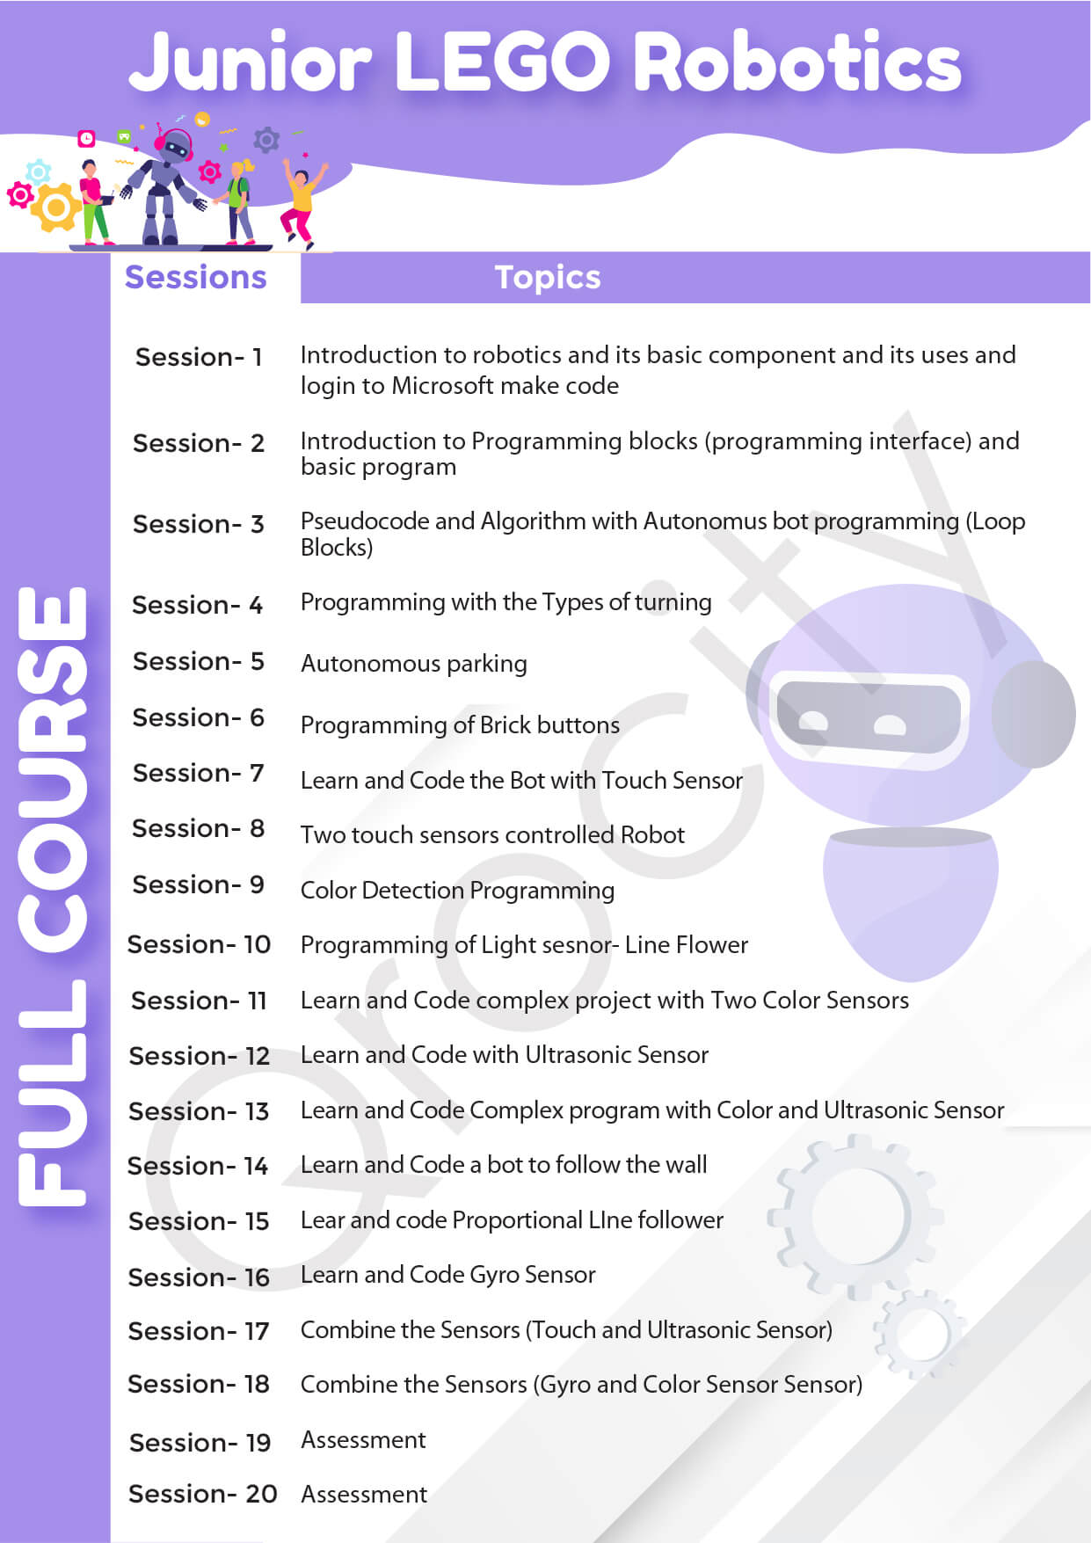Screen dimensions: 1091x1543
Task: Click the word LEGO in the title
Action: (503, 62)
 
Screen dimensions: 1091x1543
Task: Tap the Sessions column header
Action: (195, 277)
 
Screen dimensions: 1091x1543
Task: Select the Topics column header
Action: (548, 277)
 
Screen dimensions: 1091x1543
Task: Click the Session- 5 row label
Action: (198, 661)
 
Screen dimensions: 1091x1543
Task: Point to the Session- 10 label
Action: (199, 944)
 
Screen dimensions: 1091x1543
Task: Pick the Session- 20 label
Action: (202, 1494)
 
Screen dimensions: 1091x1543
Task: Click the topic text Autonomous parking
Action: (414, 664)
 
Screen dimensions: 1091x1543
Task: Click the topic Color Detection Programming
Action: (457, 891)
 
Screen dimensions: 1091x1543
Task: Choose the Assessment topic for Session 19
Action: (363, 1439)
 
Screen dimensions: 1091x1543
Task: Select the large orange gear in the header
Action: (55, 207)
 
